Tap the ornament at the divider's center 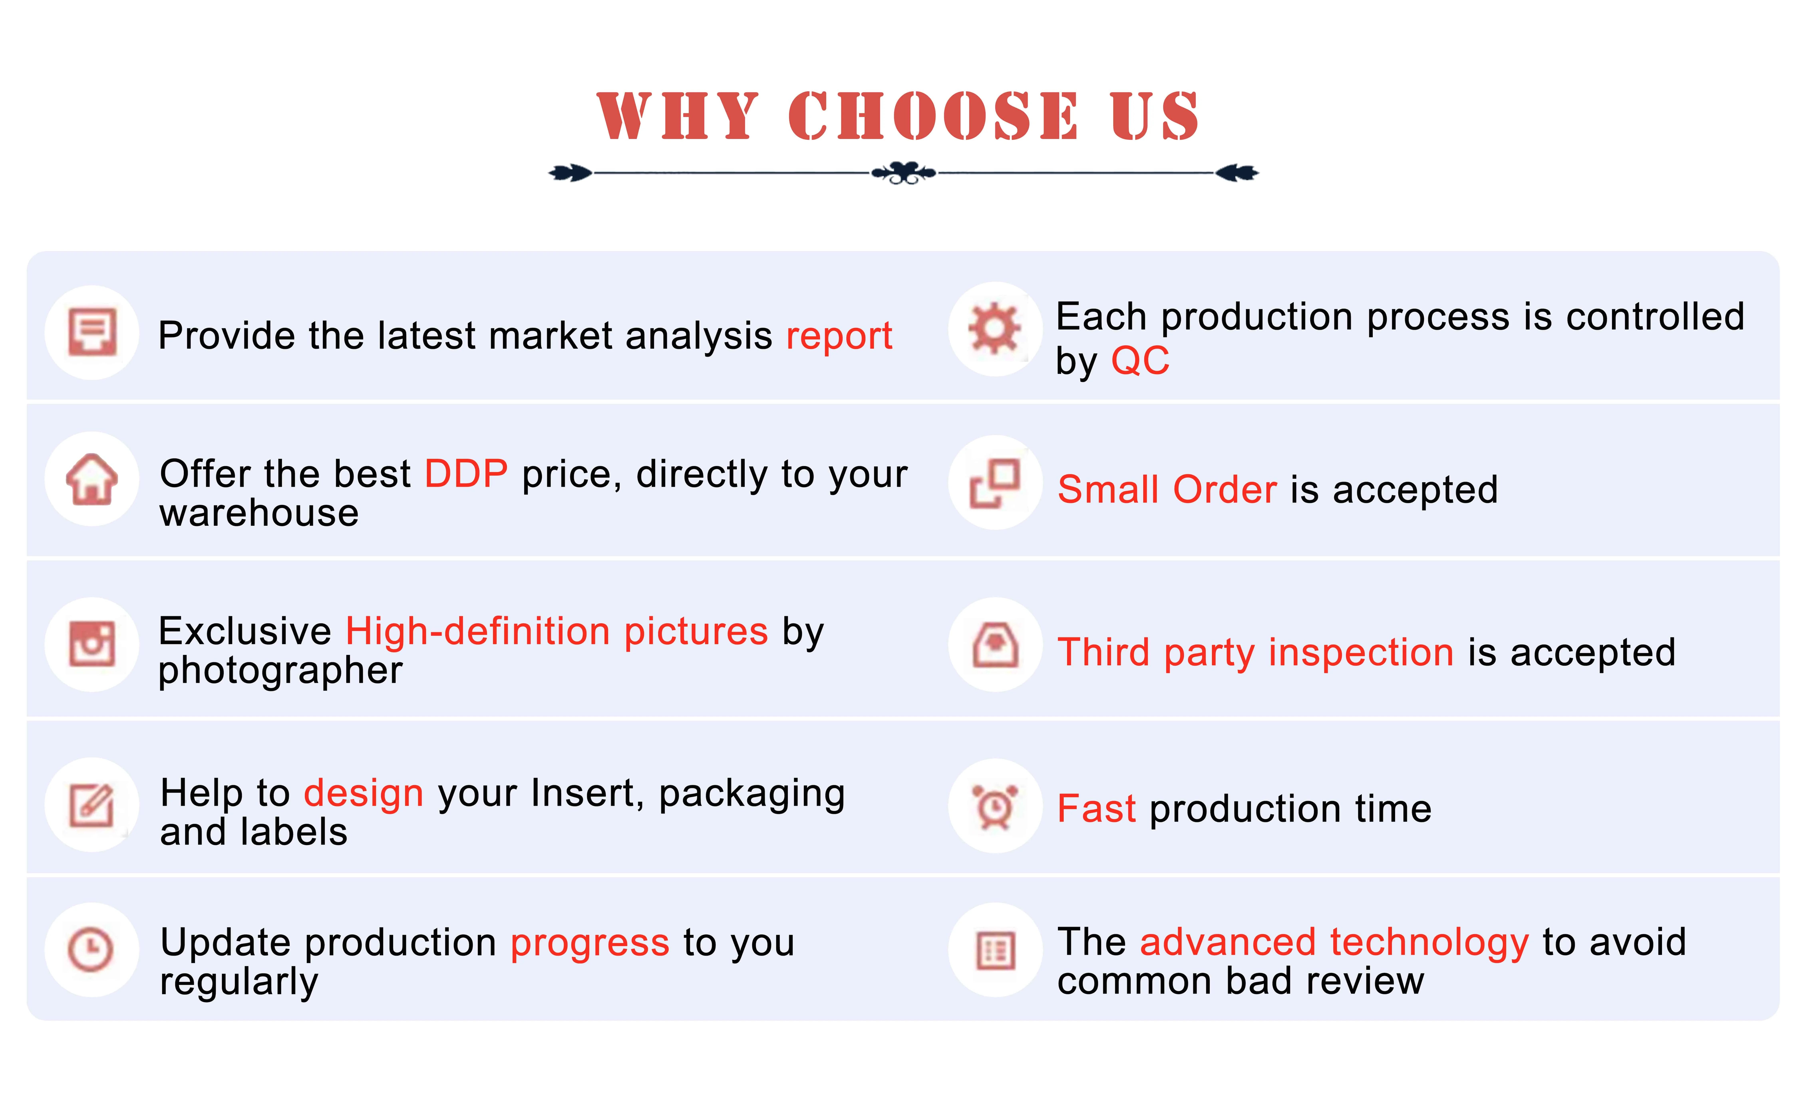(x=903, y=173)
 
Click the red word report (x=839, y=337)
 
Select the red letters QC (x=1140, y=361)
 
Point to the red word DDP (x=466, y=473)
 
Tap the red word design (x=363, y=794)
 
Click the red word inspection (x=1361, y=653)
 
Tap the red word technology (x=1429, y=943)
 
